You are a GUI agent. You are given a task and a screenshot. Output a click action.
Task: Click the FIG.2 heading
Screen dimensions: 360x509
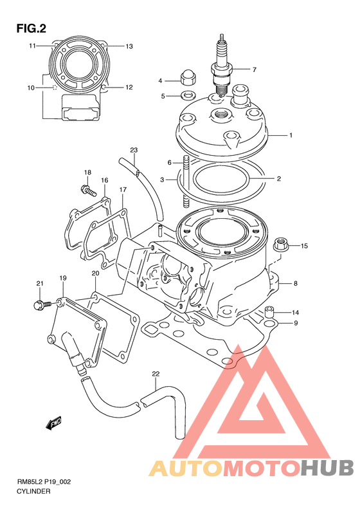click(31, 28)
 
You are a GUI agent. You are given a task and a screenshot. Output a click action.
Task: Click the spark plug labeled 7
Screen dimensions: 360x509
click(222, 65)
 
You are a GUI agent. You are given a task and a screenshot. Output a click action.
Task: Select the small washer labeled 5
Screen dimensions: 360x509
click(188, 95)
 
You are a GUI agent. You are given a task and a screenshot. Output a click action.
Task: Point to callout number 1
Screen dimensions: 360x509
click(291, 135)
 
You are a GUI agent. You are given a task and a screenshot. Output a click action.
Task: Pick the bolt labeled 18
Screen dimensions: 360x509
click(87, 190)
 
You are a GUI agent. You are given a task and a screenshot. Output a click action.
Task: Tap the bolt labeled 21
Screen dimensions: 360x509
click(42, 304)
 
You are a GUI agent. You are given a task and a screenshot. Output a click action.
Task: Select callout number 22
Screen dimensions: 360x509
click(156, 374)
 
